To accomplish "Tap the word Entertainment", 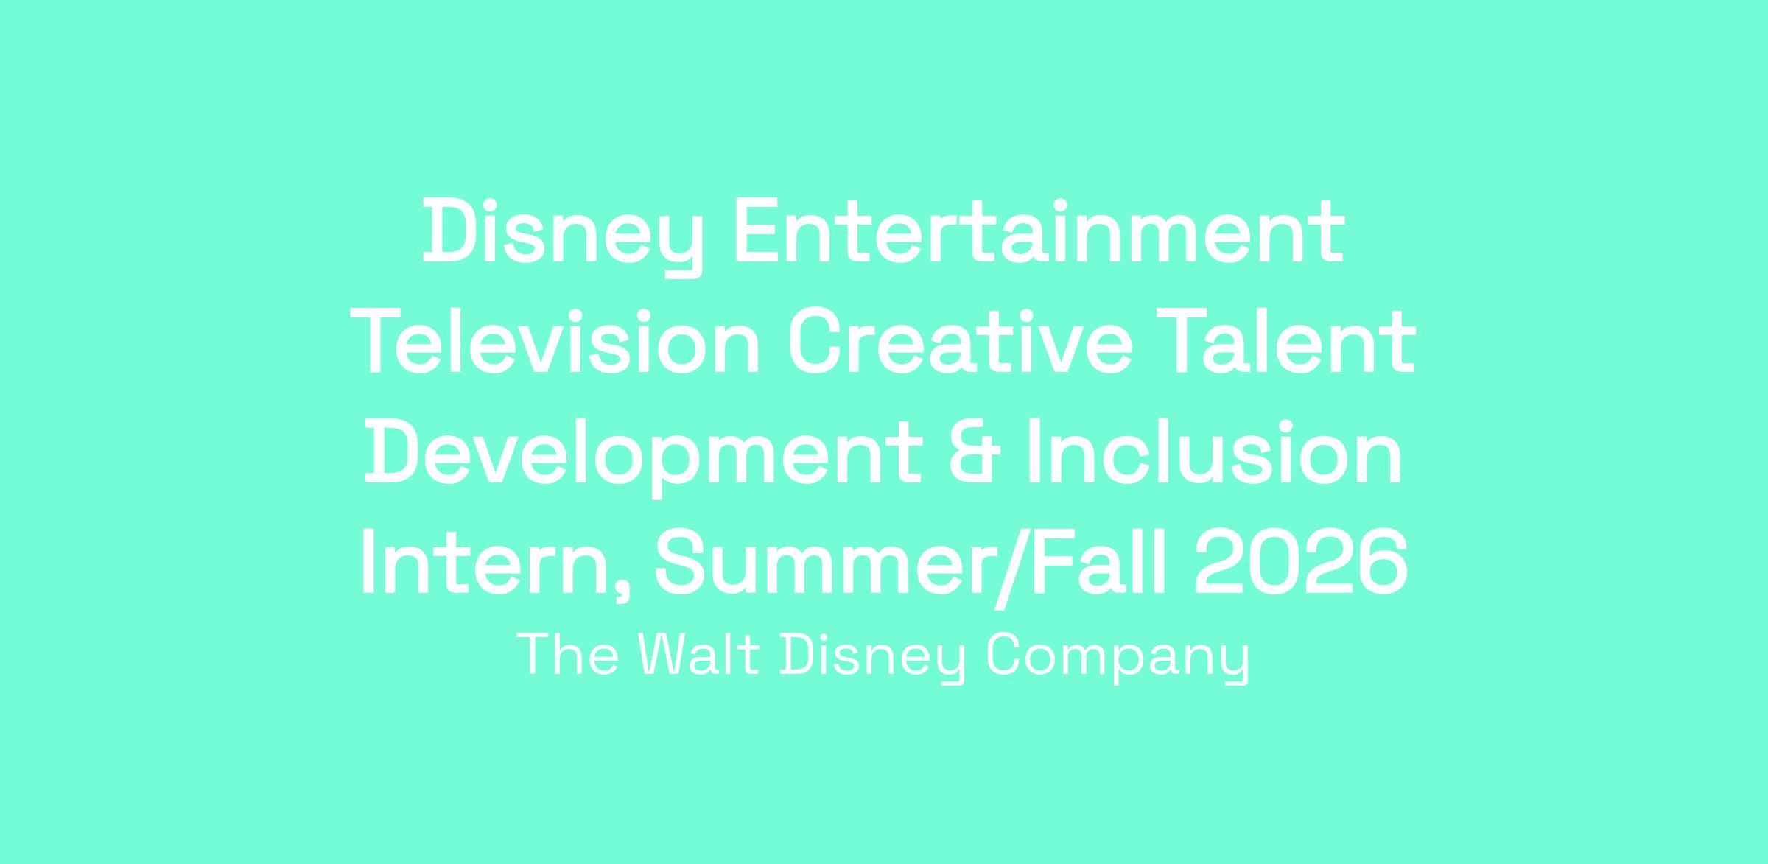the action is [x=1039, y=232].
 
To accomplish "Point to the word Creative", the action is [x=960, y=343].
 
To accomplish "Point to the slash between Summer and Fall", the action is [x=1011, y=567].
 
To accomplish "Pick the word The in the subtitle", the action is [x=568, y=654].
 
